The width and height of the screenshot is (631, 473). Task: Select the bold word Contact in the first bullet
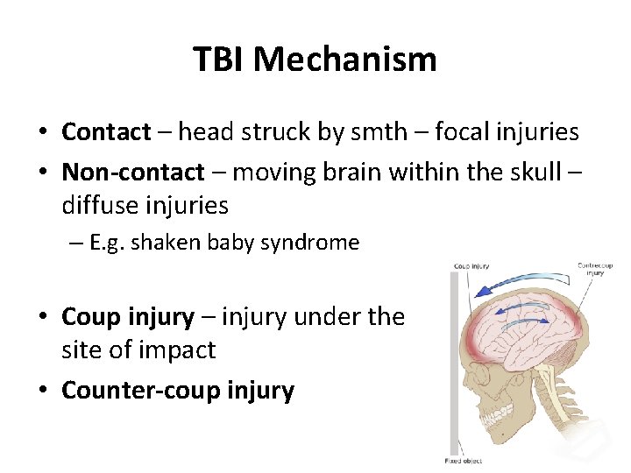point(106,132)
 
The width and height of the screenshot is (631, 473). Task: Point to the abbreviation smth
point(378,132)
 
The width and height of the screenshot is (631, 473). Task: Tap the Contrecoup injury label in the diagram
point(596,268)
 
